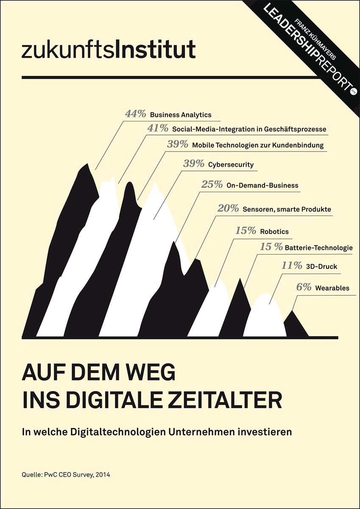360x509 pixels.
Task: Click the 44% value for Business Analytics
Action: coord(135,114)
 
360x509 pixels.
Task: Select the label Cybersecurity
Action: coord(231,165)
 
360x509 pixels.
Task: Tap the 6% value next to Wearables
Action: coord(304,287)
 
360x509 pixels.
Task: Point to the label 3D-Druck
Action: coord(321,267)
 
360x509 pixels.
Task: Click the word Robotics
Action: coord(274,232)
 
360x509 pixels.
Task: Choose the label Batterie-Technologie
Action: coord(318,248)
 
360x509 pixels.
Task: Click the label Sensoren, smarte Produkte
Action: coord(287,209)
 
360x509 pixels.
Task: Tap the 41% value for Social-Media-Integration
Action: coord(158,128)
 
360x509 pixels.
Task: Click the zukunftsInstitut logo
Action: coord(109,49)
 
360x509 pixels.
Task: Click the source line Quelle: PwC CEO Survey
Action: coord(66,475)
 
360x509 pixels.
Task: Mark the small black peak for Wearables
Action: coord(294,324)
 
